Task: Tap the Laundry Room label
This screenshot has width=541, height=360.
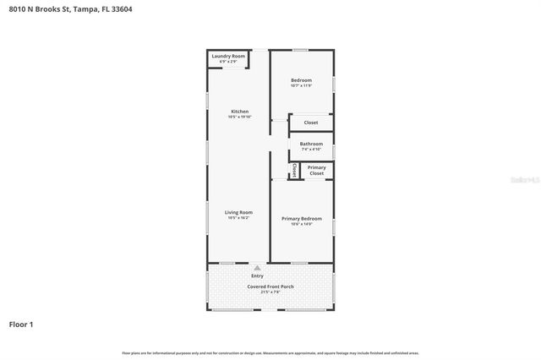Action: [227, 56]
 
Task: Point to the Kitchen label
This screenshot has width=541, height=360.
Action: [239, 112]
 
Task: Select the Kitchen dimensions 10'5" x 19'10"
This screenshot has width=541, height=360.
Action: [239, 117]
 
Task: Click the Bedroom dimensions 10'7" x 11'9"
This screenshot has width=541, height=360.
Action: [301, 85]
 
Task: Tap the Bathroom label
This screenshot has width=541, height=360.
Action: [310, 144]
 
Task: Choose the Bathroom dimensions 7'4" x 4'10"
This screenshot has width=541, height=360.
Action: [310, 150]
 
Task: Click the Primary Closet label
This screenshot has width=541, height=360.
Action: [316, 170]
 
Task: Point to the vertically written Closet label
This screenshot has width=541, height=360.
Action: [293, 169]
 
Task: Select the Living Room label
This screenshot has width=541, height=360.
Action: [238, 212]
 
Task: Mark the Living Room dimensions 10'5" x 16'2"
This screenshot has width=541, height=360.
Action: [238, 218]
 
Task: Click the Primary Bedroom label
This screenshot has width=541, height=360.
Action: [302, 218]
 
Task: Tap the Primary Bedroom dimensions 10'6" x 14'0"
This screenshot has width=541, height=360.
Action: [302, 224]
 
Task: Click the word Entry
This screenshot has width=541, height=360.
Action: [257, 276]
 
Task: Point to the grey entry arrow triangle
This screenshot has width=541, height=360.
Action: [257, 268]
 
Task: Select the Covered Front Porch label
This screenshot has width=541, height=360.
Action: [270, 286]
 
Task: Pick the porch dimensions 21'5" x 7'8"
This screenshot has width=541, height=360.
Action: [270, 292]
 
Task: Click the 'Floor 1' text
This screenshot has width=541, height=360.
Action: [21, 324]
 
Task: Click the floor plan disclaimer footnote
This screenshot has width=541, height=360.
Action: [270, 352]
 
